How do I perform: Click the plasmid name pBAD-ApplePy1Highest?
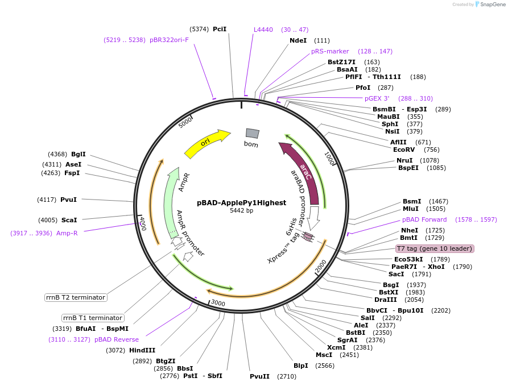coord(241,202)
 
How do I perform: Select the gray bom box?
coord(252,133)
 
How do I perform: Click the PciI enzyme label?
coord(220,29)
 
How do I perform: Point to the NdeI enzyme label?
coord(298,40)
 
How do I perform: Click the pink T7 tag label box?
coord(435,248)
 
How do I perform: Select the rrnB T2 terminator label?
coord(76,297)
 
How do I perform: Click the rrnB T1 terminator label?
coord(93,318)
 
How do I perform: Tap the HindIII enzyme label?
coord(142,350)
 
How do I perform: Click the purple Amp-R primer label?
coord(67,233)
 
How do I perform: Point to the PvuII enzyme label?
coord(259,376)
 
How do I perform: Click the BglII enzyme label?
coord(79,154)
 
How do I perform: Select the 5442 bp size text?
coord(241,211)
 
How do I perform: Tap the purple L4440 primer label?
coord(263,30)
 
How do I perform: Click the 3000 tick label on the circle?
coord(218,304)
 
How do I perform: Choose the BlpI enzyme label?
coord(300,366)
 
